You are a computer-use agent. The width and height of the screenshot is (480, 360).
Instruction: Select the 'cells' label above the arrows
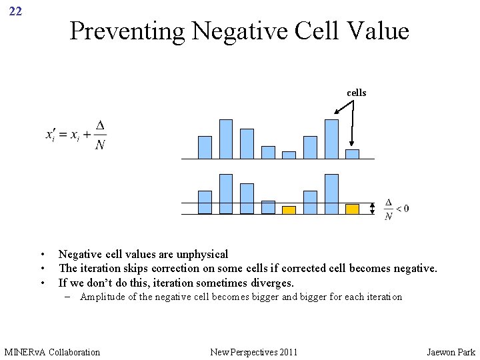356,93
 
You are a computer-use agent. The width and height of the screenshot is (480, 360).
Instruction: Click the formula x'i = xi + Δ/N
76,135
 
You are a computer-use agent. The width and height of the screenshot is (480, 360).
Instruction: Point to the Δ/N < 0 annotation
396,209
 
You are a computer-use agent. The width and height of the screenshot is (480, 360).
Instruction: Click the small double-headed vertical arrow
373,209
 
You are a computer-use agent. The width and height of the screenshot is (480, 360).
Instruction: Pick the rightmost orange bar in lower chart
352,209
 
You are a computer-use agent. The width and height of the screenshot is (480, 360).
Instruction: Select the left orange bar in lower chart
289,210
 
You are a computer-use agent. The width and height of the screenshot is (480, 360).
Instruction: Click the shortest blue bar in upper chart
289,155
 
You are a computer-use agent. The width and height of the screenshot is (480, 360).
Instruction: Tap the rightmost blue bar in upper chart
352,154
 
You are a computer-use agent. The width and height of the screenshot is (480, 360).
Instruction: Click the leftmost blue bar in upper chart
205,147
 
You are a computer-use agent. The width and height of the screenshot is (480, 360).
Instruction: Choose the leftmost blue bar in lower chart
205,202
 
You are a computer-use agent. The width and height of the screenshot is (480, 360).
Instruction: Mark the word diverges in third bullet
270,283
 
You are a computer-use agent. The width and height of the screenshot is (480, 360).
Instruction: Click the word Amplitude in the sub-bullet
103,297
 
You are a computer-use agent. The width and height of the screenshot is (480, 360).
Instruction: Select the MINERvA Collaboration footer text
52,351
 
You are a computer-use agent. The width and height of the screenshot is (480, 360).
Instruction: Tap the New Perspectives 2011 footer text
253,351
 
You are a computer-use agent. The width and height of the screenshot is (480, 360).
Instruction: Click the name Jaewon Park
451,351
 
